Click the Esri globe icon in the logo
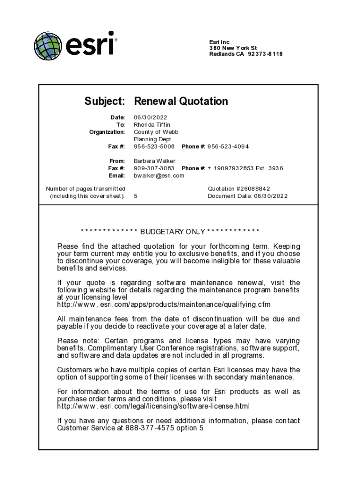[x=47, y=46]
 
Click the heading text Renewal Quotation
[x=181, y=102]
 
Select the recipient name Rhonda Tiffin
[x=152, y=125]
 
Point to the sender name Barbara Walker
[x=154, y=161]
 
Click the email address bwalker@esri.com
[x=159, y=175]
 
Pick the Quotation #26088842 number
[x=239, y=189]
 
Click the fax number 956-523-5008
[x=154, y=146]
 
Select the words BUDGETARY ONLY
[x=173, y=232]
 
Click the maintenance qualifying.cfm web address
[x=164, y=305]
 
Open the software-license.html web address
[x=153, y=406]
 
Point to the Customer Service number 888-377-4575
[x=153, y=428]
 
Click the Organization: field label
[x=107, y=132]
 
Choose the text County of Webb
[x=156, y=132]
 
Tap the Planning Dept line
[x=152, y=139]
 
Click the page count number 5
[x=136, y=196]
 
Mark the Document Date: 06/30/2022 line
[x=248, y=196]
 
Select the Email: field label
[x=116, y=175]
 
